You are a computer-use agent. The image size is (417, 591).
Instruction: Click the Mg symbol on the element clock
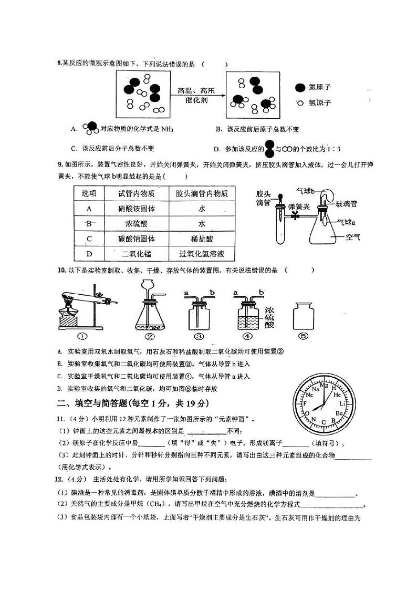click(x=324, y=386)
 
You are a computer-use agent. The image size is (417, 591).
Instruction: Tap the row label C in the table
click(x=89, y=239)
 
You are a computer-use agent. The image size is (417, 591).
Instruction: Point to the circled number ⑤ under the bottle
click(x=303, y=337)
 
